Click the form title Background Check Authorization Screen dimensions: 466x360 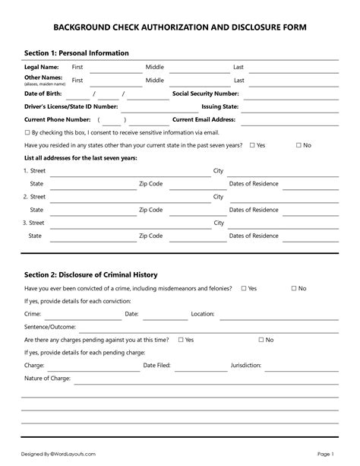point(180,27)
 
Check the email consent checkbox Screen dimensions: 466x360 point(27,132)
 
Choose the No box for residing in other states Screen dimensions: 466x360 point(299,144)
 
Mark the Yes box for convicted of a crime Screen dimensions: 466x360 point(244,289)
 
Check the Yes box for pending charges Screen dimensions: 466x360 point(181,340)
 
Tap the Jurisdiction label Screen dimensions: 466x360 point(246,365)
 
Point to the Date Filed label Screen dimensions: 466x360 point(157,365)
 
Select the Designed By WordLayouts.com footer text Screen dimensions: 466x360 point(58,454)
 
